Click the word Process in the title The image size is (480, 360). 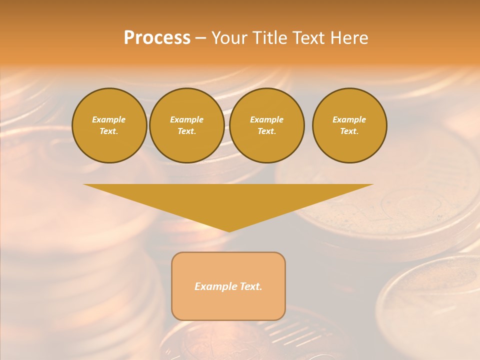coord(157,38)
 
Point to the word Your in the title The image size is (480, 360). coord(228,38)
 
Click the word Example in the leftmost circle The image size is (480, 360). coord(109,119)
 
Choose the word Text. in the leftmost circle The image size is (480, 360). coord(109,131)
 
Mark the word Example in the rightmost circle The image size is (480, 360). coord(349,119)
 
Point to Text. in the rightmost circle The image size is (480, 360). coord(349,131)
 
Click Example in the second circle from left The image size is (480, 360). coord(186,119)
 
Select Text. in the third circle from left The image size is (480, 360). coord(266,131)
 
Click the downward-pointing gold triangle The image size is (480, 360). coord(228,200)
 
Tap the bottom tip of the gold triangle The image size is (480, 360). coord(229,230)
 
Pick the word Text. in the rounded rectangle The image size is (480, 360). coord(251,286)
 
